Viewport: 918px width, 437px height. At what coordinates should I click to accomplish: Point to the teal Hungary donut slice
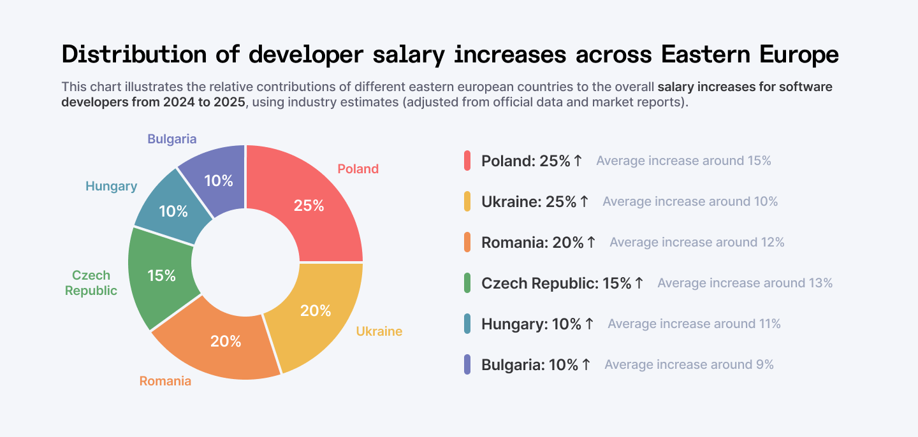[172, 204]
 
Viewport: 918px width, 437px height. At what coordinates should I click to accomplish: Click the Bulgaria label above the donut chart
[172, 139]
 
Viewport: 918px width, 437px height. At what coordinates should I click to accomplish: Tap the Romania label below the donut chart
[165, 381]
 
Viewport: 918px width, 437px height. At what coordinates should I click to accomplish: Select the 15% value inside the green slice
[161, 275]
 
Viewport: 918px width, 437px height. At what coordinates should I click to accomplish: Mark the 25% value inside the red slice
[309, 206]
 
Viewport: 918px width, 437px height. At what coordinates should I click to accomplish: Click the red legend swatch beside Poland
[467, 161]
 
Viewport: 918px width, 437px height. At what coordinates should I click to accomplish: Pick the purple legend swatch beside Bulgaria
[467, 364]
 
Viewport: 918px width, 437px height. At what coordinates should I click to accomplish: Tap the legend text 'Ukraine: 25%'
[528, 201]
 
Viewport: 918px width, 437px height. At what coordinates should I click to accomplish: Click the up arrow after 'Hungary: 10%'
[589, 324]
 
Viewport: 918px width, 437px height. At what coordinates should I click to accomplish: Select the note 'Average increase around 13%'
[745, 283]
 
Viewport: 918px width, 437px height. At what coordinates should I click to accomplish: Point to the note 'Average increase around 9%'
[688, 364]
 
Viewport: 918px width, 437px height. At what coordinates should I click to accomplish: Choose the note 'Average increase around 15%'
[683, 161]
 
